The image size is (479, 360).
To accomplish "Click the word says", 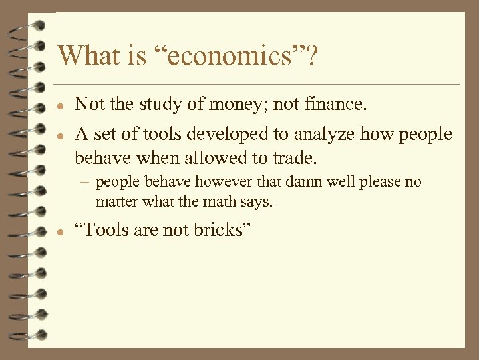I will pos(255,201).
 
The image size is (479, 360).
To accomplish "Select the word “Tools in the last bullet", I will pos(99,230).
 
